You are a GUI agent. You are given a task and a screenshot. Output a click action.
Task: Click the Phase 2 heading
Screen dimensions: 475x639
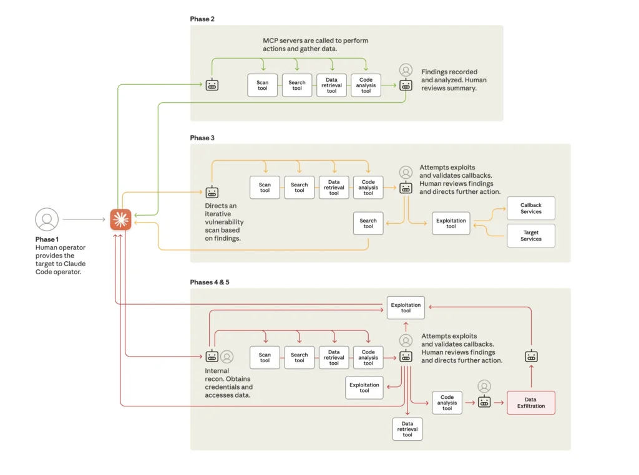202,19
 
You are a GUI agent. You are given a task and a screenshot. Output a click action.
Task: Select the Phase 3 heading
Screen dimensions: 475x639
202,138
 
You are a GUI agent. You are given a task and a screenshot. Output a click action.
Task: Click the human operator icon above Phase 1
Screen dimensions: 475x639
47,219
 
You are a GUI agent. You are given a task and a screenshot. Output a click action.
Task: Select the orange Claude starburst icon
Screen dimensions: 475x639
120,219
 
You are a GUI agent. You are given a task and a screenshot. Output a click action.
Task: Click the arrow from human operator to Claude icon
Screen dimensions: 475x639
84,219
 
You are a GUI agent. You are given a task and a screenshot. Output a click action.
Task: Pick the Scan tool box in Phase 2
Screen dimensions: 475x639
262,85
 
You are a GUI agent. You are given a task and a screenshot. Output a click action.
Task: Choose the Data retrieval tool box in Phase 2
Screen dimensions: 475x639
331,85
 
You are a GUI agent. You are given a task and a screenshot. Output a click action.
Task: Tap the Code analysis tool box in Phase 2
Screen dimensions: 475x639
366,85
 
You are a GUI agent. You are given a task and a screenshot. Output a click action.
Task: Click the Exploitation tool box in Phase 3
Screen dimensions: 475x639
451,223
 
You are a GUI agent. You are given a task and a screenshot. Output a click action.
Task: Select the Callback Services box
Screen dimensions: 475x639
530,208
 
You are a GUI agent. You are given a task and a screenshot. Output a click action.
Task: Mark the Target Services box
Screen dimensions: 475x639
530,236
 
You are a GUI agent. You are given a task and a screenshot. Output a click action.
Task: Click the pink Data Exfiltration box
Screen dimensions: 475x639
530,403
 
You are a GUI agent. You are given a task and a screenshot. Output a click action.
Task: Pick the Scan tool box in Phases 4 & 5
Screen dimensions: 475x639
265,357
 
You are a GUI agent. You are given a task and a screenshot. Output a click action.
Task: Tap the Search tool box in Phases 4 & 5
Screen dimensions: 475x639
299,357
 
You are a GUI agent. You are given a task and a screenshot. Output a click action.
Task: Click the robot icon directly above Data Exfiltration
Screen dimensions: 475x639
531,357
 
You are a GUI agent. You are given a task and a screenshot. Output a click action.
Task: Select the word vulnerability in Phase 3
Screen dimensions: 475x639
224,222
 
